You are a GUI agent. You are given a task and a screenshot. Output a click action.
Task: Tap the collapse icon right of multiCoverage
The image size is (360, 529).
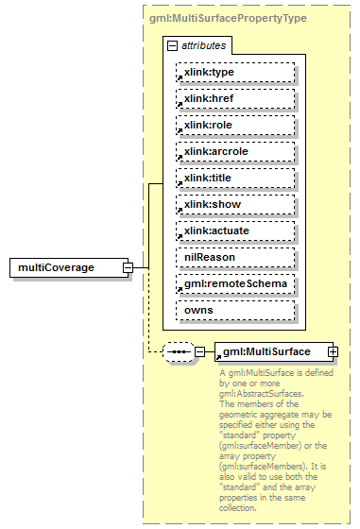(127, 268)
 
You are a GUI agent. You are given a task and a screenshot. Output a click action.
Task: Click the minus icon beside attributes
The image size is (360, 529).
(172, 45)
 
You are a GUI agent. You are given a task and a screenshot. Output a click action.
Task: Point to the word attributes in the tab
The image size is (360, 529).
(201, 45)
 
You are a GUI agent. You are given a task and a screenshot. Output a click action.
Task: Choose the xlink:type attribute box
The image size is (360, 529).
(234, 72)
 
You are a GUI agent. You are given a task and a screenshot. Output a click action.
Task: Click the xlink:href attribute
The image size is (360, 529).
(234, 98)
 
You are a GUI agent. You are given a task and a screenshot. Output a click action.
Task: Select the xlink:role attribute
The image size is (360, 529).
(234, 125)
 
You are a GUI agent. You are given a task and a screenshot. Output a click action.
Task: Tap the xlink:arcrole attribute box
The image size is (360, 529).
(234, 151)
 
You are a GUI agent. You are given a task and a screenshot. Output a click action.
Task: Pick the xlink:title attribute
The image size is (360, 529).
(234, 178)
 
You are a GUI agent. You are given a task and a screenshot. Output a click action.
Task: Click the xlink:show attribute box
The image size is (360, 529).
(234, 204)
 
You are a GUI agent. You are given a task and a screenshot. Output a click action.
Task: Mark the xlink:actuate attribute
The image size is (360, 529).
(234, 230)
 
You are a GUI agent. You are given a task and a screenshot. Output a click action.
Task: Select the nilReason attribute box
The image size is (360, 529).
(234, 257)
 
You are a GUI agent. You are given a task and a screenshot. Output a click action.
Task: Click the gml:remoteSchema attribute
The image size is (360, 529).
(234, 283)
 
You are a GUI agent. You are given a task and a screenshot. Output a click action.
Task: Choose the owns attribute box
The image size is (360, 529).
(234, 310)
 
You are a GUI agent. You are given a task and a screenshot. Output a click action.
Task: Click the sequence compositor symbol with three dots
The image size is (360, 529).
(178, 352)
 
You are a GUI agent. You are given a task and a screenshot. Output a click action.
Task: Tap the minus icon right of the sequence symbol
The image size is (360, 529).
(199, 352)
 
